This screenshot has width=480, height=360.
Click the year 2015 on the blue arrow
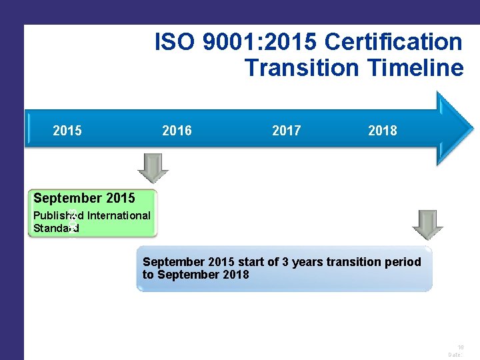tap(67, 131)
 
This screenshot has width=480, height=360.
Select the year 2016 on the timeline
tap(177, 131)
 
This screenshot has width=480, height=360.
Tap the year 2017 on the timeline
tap(286, 131)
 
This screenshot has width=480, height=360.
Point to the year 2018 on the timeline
tap(382, 131)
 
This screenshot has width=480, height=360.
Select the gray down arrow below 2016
tap(153, 169)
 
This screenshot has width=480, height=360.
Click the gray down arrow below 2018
tap(427, 225)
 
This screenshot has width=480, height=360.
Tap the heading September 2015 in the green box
tap(84, 198)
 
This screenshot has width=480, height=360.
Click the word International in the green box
tap(119, 215)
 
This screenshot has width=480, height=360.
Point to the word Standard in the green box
tap(56, 228)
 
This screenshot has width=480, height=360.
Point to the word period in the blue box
tap(403, 262)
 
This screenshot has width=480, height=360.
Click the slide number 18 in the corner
tap(460, 347)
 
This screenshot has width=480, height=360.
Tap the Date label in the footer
tap(455, 355)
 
